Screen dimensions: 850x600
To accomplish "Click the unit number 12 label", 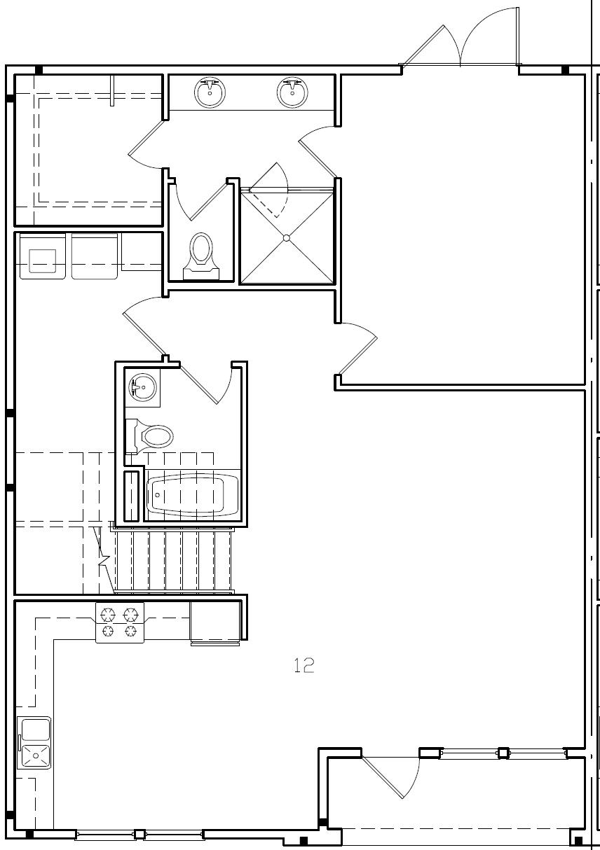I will click(x=304, y=665).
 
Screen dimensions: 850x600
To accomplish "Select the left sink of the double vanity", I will click(x=210, y=92).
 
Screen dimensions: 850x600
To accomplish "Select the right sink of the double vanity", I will click(x=292, y=92).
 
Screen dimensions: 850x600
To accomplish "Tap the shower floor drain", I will click(x=286, y=238).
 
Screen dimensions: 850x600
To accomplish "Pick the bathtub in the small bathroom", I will click(x=187, y=494).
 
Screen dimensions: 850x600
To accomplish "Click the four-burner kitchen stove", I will click(x=119, y=622).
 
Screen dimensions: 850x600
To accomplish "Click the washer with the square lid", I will click(x=42, y=256).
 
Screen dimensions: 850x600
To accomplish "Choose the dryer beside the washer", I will click(x=95, y=256).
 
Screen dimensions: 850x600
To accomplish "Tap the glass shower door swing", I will click(x=270, y=193).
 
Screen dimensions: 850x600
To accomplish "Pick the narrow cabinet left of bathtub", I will click(x=131, y=496).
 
